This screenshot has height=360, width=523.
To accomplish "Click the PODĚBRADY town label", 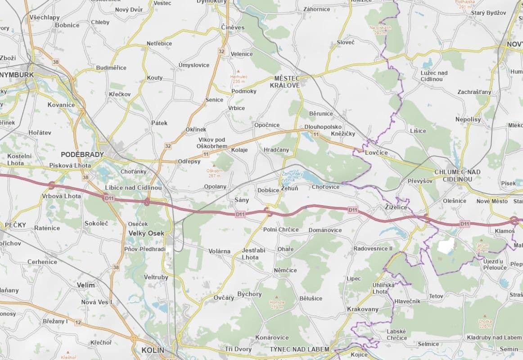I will pyautogui.click(x=82, y=154).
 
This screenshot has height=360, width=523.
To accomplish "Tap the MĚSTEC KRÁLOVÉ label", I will pyautogui.click(x=284, y=81).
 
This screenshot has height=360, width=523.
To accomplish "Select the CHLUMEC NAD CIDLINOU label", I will pyautogui.click(x=457, y=175).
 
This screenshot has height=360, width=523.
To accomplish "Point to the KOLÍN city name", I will pyautogui.click(x=153, y=350).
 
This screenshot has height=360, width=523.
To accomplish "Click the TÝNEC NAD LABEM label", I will pyautogui.click(x=299, y=349).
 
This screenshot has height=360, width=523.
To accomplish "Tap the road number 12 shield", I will pyautogui.click(x=78, y=322).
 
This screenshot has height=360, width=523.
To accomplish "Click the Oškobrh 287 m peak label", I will pyautogui.click(x=215, y=173).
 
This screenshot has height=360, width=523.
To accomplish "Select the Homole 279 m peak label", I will pyautogui.click(x=277, y=305).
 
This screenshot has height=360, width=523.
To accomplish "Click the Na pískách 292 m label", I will pyautogui.click(x=380, y=30).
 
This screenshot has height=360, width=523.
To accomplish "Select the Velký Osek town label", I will pyautogui.click(x=146, y=233).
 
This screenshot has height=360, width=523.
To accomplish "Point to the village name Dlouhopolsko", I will pyautogui.click(x=323, y=127).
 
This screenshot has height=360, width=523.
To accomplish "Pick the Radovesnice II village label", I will pyautogui.click(x=373, y=248).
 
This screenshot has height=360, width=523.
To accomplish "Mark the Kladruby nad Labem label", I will pyautogui.click(x=494, y=337).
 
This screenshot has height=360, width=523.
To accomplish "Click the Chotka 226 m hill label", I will pyautogui.click(x=485, y=324).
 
